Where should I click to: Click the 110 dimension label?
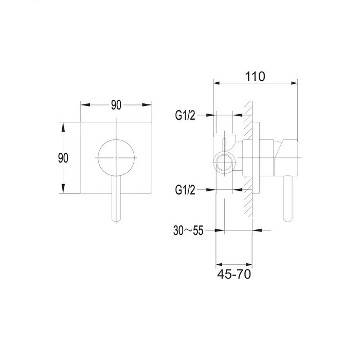tap(255, 77)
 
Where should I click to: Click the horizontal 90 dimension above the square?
tap(116, 105)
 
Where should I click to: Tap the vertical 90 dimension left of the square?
tap(63, 158)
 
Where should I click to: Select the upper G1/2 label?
tap(185, 115)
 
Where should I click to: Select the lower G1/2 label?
tap(185, 190)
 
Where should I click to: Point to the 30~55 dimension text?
tap(188, 230)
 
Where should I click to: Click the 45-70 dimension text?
tap(234, 274)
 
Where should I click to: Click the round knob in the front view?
tap(116, 158)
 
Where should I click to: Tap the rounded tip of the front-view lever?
tap(116, 220)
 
